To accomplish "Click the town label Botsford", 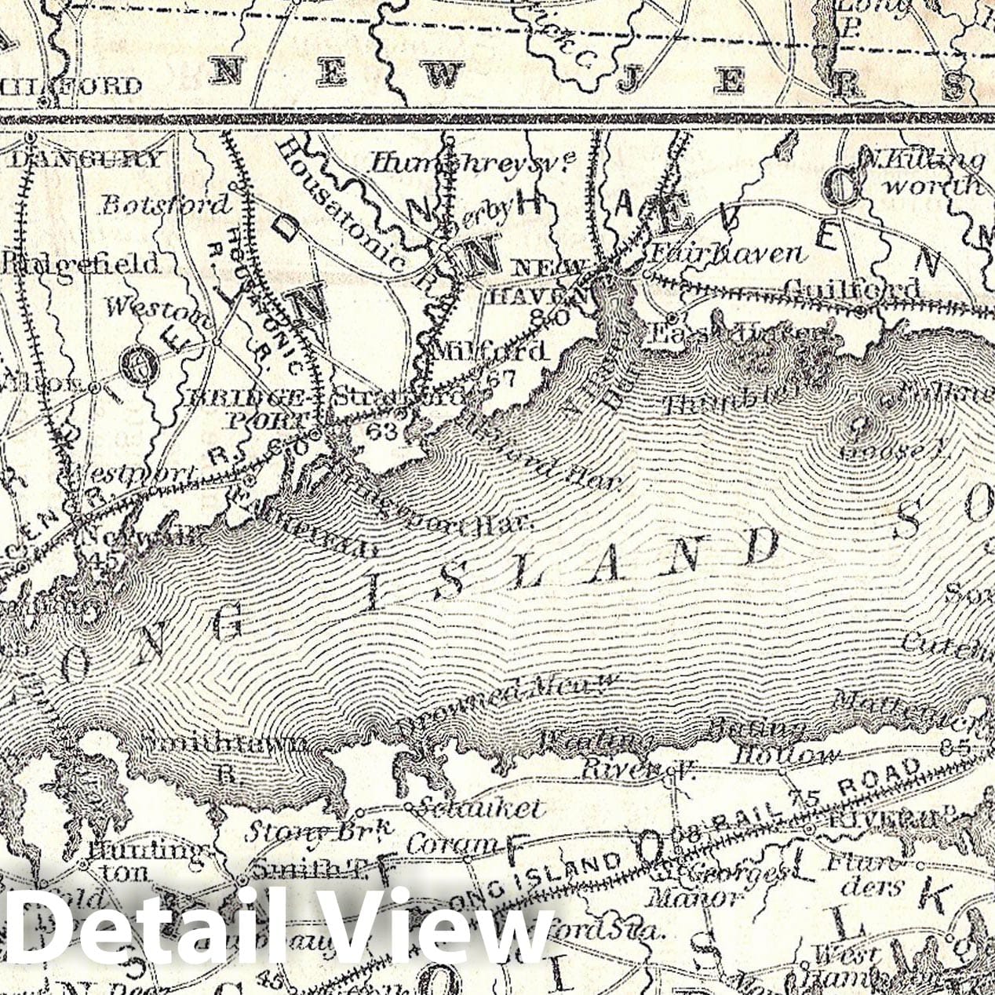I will point(166,204).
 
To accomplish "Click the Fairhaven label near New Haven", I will point(728,253).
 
